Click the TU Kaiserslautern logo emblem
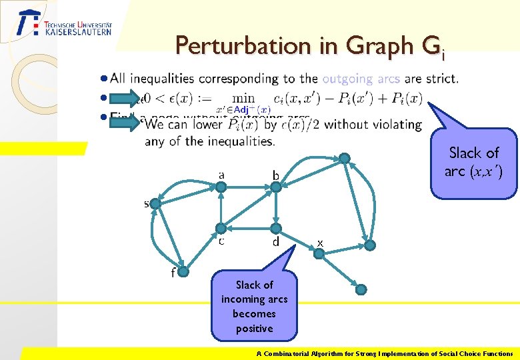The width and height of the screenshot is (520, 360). (28, 24)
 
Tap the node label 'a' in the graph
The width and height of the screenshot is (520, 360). (221, 175)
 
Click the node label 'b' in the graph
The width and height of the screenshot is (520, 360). (275, 175)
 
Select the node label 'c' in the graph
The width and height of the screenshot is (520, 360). (221, 241)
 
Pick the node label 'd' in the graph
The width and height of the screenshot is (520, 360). (275, 242)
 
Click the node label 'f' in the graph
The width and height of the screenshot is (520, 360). (173, 273)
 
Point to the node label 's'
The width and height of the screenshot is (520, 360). (147, 203)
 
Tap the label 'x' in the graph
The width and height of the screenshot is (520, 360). (320, 243)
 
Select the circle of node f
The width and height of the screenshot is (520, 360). (185, 272)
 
